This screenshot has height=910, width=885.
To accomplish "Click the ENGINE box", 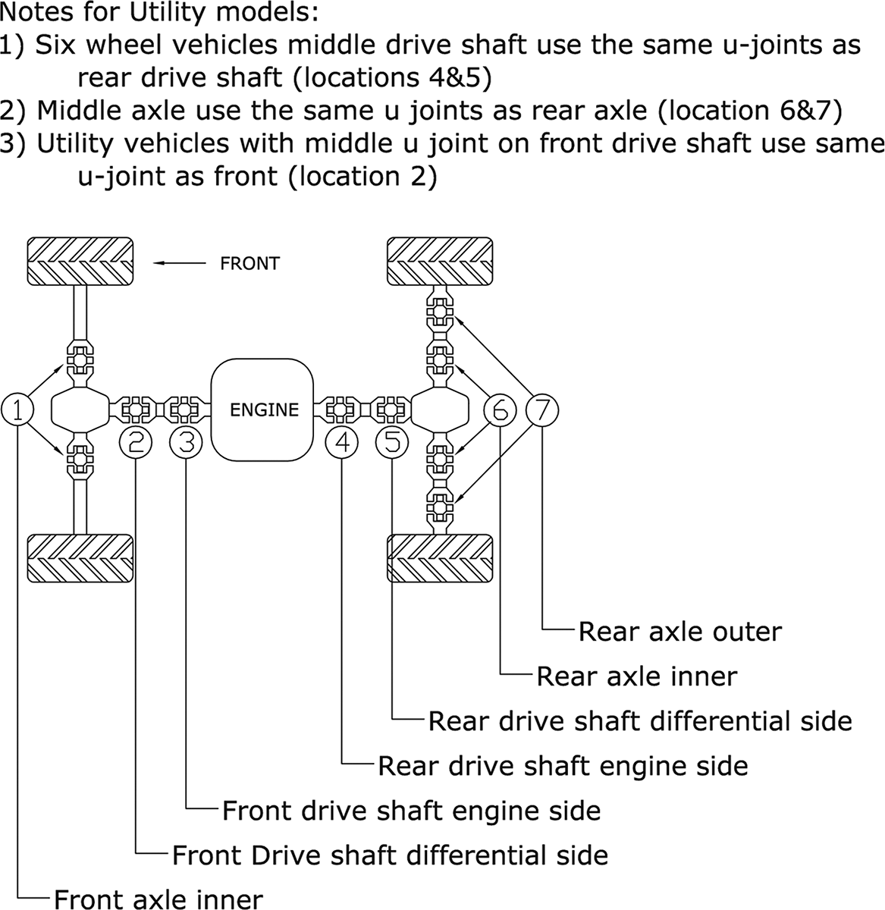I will pyautogui.click(x=264, y=409).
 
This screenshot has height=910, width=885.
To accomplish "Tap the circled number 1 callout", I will pyautogui.click(x=18, y=409).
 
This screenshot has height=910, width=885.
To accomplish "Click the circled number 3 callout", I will pyautogui.click(x=187, y=442).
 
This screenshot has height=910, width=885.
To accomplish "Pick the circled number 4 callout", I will pyautogui.click(x=342, y=442).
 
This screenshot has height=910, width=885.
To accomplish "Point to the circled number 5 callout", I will pyautogui.click(x=392, y=442).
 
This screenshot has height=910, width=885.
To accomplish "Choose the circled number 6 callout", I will pyautogui.click(x=500, y=409).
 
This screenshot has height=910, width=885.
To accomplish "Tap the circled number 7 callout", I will pyautogui.click(x=543, y=409).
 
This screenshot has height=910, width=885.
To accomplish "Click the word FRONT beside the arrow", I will pyautogui.click(x=249, y=264).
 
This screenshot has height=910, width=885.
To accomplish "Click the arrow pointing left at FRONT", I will pyautogui.click(x=179, y=263).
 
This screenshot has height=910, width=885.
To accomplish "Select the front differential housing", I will pyautogui.click(x=80, y=409).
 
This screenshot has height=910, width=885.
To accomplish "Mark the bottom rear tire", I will pyautogui.click(x=440, y=559).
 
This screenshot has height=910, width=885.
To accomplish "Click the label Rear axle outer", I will pyautogui.click(x=679, y=632).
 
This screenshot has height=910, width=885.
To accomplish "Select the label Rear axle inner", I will pyautogui.click(x=636, y=676).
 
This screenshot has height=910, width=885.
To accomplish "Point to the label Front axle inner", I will pyautogui.click(x=158, y=899).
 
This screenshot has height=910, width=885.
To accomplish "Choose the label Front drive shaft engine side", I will pyautogui.click(x=411, y=811).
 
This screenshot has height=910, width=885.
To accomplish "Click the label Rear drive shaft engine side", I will pyautogui.click(x=563, y=766).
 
